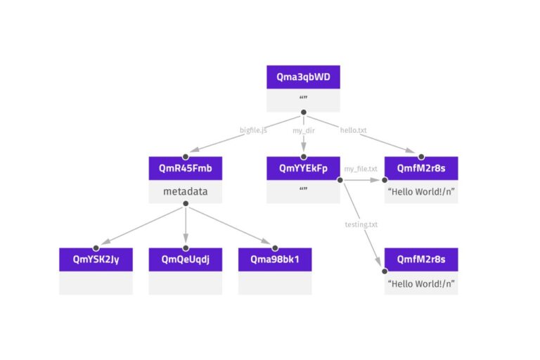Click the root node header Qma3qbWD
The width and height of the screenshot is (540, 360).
click(x=303, y=77)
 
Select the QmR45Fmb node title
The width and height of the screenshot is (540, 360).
click(x=185, y=169)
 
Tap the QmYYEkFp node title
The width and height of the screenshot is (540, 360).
click(x=303, y=169)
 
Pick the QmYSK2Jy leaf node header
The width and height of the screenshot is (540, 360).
click(x=96, y=259)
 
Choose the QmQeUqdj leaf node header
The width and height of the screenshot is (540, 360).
click(x=185, y=259)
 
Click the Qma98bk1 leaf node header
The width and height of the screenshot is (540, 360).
click(x=275, y=259)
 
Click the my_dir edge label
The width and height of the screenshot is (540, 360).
click(x=304, y=131)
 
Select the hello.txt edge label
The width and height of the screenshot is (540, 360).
click(x=353, y=131)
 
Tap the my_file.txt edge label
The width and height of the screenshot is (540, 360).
click(x=361, y=169)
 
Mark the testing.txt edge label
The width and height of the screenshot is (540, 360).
click(x=361, y=224)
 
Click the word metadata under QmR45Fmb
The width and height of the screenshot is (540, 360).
click(x=185, y=191)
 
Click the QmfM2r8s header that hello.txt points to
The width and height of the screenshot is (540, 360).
click(x=421, y=169)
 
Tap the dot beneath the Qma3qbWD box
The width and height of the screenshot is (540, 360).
click(x=303, y=112)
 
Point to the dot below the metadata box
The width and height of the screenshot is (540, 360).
click(x=185, y=204)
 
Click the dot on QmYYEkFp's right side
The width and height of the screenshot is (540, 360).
click(x=340, y=181)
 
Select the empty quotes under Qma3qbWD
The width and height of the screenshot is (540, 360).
click(x=303, y=99)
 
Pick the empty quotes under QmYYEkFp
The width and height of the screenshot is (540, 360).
click(x=303, y=191)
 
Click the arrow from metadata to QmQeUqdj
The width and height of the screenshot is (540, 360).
click(x=185, y=229)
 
